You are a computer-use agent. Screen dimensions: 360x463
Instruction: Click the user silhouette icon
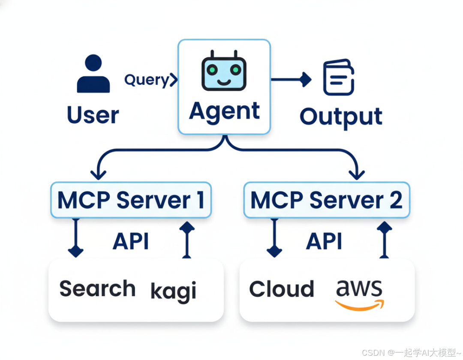[x=93, y=74]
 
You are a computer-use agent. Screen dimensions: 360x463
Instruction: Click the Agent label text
[x=224, y=111]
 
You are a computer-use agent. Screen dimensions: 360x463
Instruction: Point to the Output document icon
[x=338, y=78]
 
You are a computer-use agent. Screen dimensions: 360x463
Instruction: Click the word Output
[x=341, y=116]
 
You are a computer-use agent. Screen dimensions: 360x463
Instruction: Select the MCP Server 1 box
[x=131, y=200]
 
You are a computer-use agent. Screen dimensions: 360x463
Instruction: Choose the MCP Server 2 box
[x=326, y=200]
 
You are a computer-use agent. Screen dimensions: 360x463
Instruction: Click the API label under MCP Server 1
[x=131, y=242]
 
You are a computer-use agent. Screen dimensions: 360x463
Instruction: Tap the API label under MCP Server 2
[x=324, y=242]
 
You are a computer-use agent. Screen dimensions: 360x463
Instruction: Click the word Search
[x=97, y=288]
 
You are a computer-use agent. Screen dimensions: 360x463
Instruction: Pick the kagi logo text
[x=173, y=291]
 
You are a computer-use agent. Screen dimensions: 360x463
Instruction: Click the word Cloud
[x=281, y=289]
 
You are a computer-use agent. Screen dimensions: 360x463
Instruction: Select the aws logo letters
[x=359, y=288]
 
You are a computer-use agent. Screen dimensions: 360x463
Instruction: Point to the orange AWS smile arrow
[x=360, y=305]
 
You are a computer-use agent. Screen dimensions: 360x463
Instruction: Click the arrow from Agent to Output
[x=292, y=79]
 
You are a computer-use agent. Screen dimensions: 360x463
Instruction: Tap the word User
[x=93, y=115]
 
